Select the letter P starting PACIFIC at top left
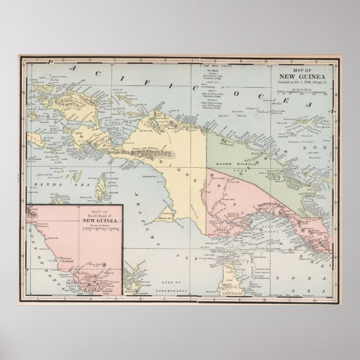51,62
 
